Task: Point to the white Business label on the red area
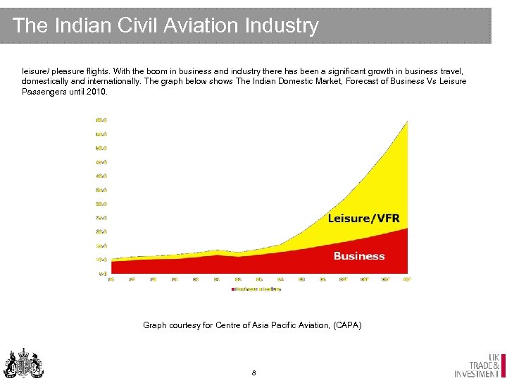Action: click(x=359, y=256)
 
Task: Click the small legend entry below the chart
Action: click(x=257, y=289)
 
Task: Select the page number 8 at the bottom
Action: click(x=254, y=372)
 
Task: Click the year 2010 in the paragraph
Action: click(x=97, y=92)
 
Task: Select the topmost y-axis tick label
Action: click(x=101, y=120)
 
